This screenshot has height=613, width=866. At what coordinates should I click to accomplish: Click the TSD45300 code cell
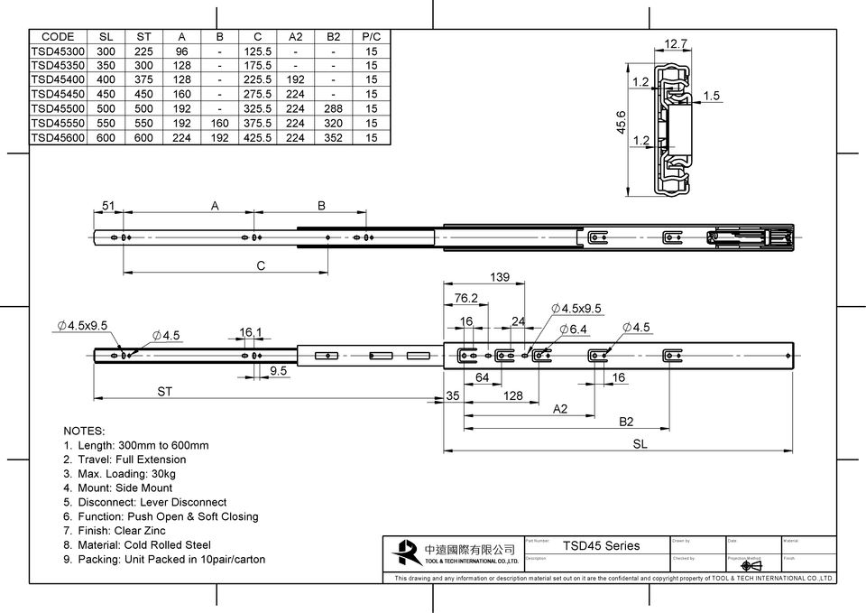coord(59,51)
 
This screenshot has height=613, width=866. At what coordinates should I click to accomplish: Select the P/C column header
coord(371,37)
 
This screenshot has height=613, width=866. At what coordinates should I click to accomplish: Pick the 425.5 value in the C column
coord(258,137)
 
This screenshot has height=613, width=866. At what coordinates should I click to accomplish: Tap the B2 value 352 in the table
coord(334,137)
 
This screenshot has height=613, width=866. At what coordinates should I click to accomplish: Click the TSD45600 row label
coord(59,137)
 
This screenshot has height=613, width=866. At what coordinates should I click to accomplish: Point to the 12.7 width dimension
coord(676,43)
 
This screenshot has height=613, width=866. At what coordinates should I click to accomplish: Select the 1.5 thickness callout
coord(712,96)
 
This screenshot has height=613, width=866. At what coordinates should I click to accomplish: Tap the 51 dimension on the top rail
coord(108,206)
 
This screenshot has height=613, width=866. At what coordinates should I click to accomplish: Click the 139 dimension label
coord(500,276)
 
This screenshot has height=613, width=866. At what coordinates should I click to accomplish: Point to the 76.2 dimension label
coord(465,298)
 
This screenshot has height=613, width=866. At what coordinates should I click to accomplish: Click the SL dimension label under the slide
coord(639,444)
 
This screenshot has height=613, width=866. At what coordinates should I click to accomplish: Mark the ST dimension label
coord(164,392)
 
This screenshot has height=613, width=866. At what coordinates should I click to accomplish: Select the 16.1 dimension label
coord(251,332)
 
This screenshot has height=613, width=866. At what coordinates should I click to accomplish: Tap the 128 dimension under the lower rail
coord(512,395)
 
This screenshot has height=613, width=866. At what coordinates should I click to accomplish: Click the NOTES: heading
coord(85,431)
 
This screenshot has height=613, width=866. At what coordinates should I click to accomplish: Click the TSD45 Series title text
coord(601,545)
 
